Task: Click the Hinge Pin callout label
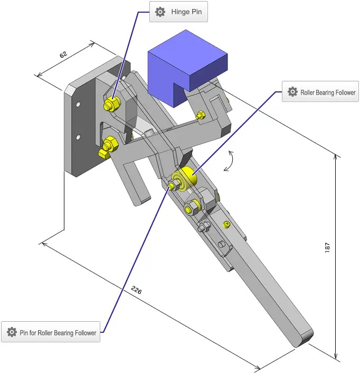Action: point(178,12)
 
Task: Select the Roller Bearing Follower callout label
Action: point(320,92)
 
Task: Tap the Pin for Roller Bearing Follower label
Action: point(51,332)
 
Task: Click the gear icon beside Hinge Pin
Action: point(160,12)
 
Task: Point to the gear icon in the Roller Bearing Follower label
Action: point(292,92)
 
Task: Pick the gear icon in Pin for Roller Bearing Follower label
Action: point(12,332)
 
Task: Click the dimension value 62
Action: point(64,54)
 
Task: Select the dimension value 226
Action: point(136,290)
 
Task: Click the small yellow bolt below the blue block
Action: point(200,115)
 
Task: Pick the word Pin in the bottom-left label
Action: point(24,333)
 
